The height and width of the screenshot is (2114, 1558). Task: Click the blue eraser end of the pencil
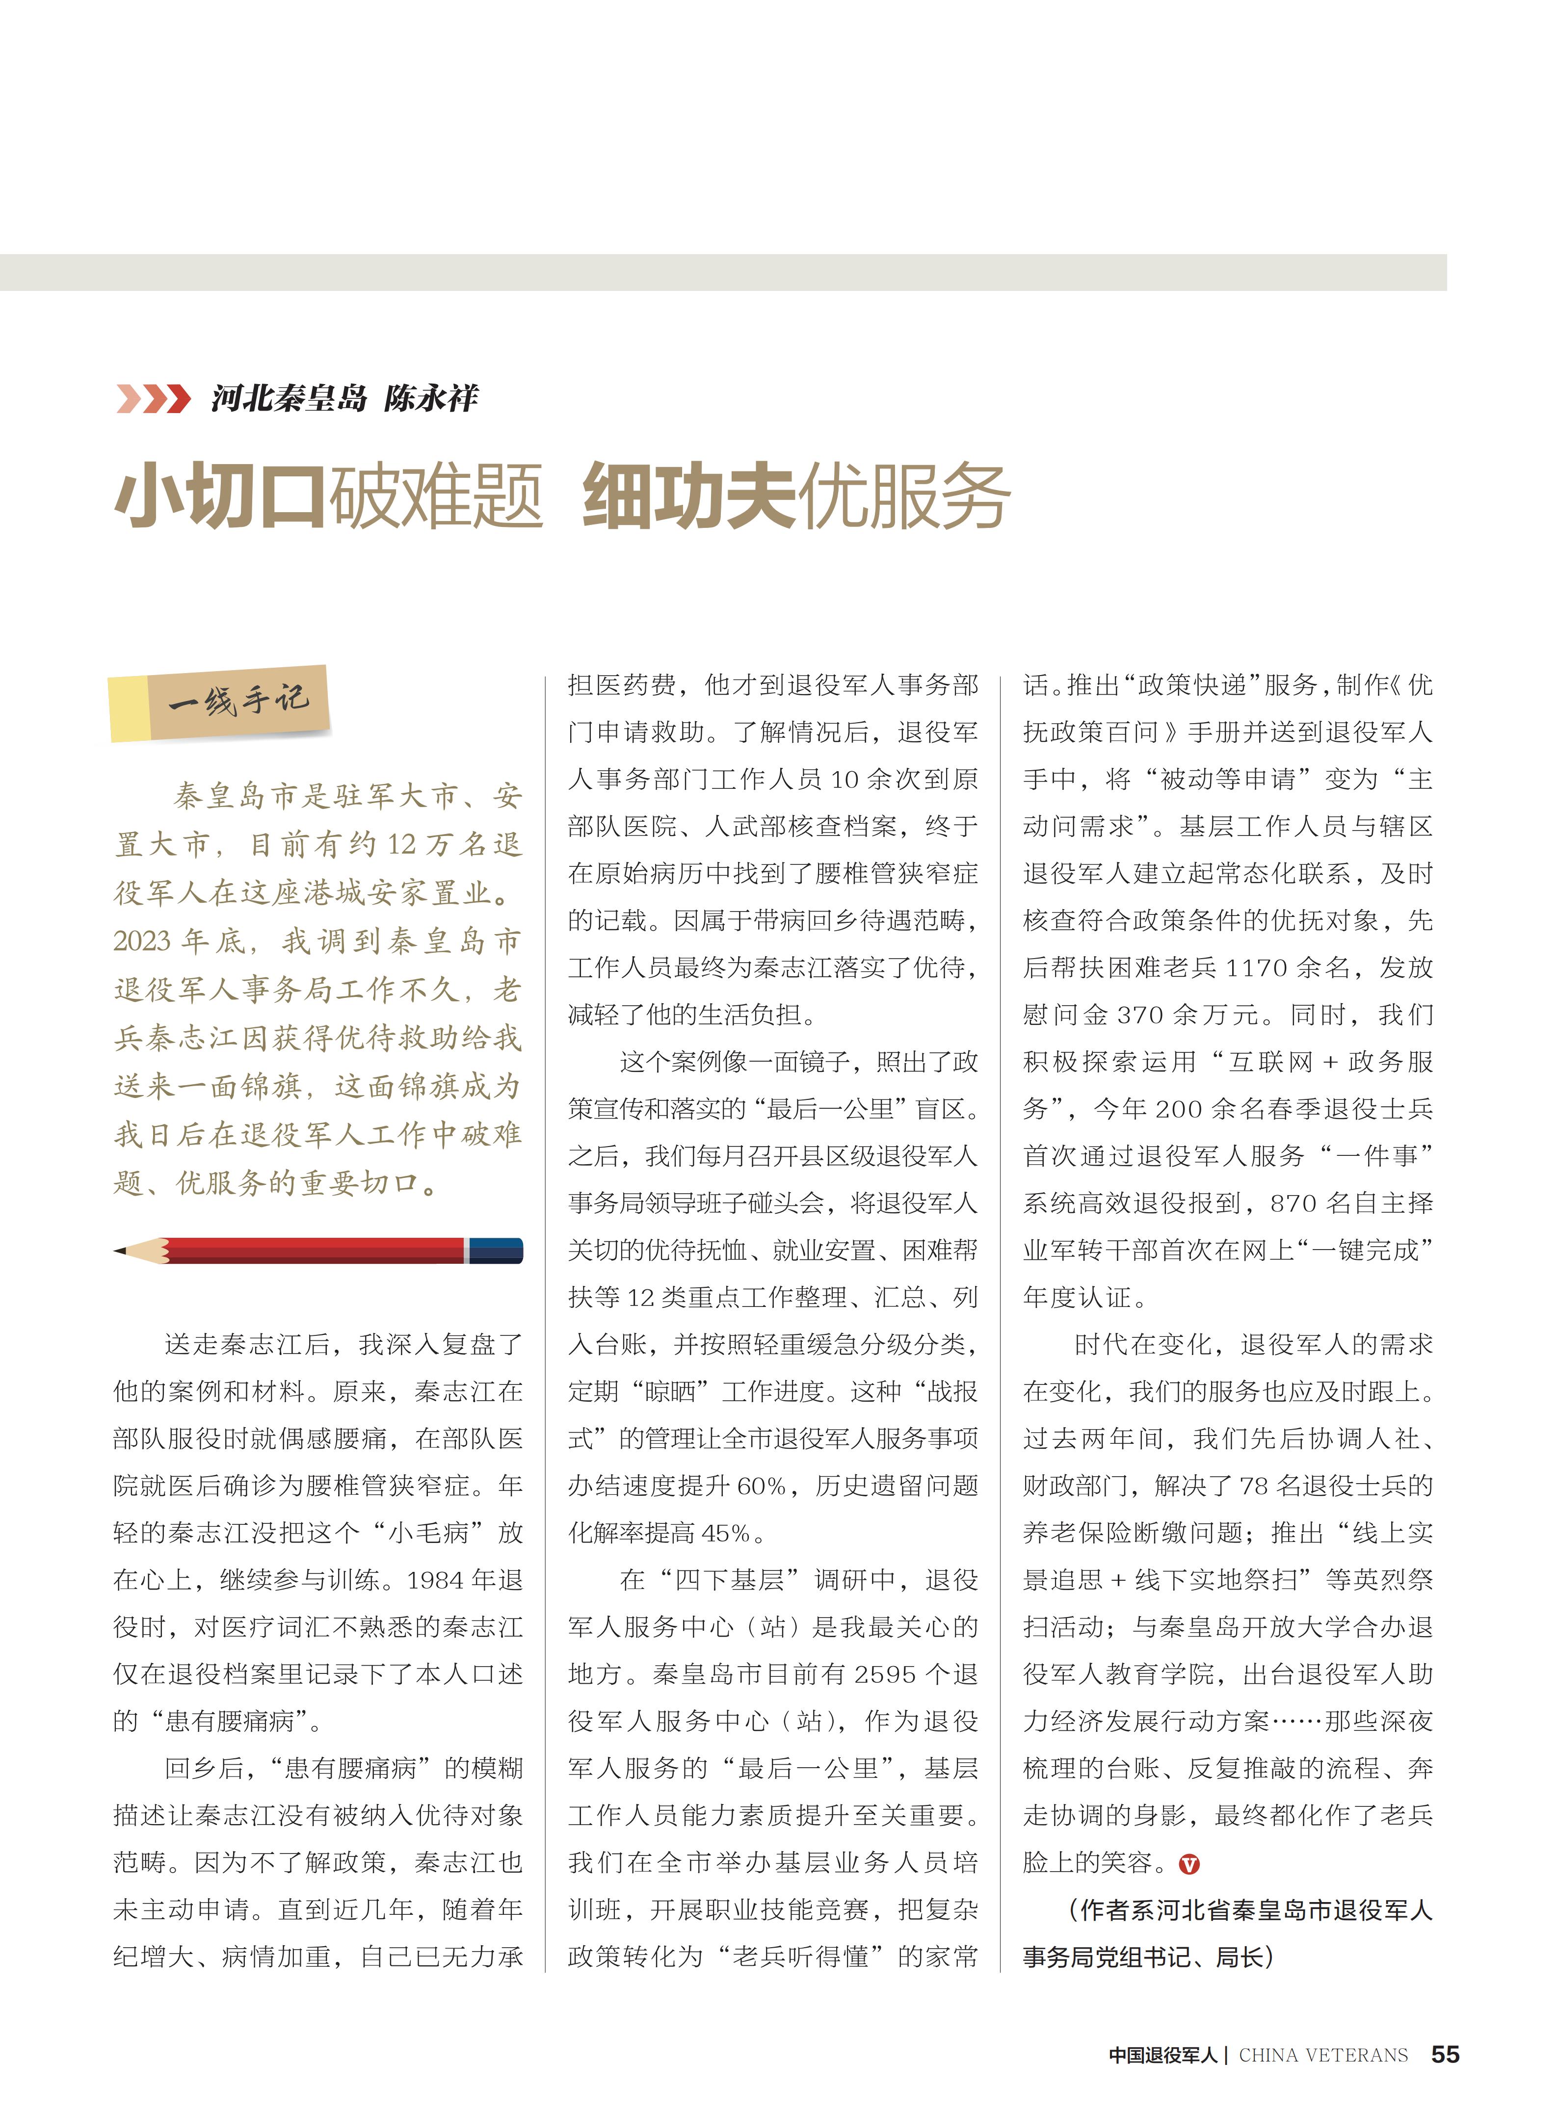click(x=496, y=1250)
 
